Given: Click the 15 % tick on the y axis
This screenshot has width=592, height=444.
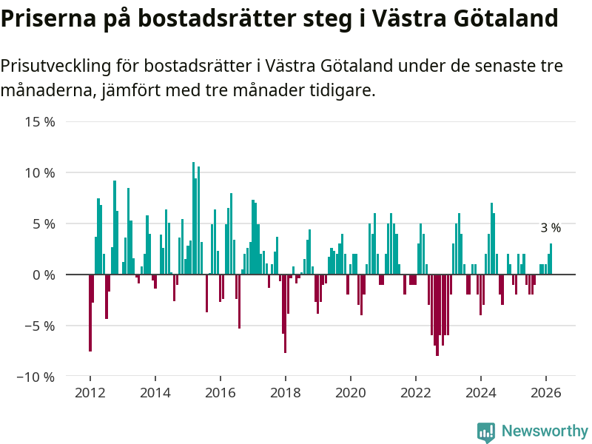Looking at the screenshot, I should tap(41, 121).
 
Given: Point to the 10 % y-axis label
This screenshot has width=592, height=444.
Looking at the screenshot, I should tap(41, 172).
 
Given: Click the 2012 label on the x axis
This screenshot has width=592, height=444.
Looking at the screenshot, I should tap(90, 393).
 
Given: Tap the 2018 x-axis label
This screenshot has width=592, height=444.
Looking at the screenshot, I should tap(286, 393).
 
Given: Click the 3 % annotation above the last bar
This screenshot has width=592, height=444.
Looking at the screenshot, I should tap(551, 228).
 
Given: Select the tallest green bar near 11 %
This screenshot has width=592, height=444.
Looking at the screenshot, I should tap(193, 218).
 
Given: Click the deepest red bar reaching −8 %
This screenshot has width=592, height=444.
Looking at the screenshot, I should tap(437, 315).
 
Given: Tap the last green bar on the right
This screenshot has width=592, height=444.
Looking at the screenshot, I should tap(551, 259).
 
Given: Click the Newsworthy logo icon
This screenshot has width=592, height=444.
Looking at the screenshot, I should tap(486, 432).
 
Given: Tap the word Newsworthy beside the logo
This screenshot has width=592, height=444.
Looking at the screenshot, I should tap(545, 431).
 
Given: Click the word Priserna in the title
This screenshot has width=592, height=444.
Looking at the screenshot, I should tap(43, 18).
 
